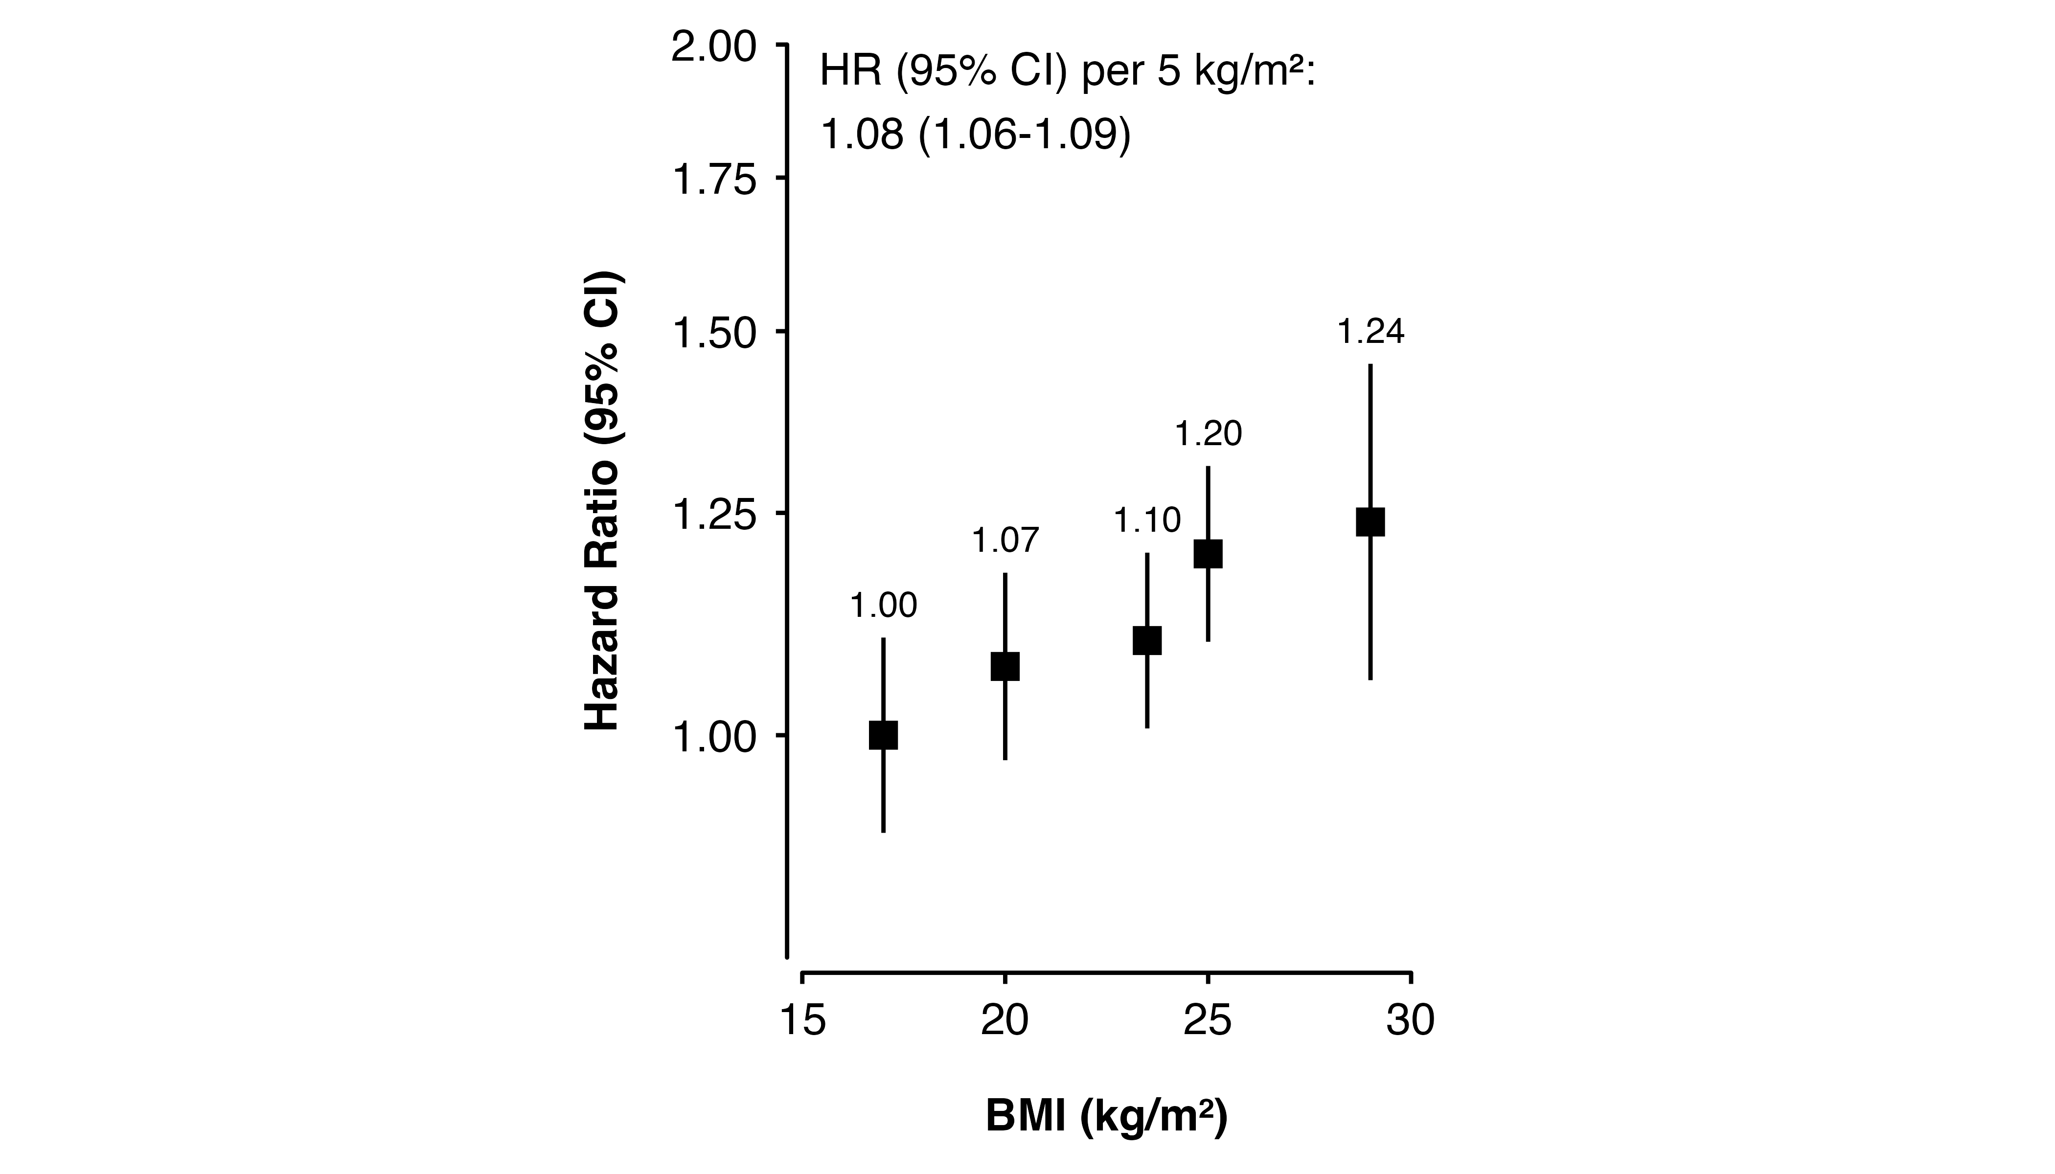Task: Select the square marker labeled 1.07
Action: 1005,667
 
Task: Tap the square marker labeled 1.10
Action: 1147,640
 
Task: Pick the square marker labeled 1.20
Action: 1208,554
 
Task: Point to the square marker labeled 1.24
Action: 1370,521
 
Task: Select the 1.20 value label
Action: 1208,434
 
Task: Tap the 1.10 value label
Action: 1147,521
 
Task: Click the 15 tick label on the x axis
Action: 803,1021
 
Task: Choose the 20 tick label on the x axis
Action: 1005,1021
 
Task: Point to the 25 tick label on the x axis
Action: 1208,1021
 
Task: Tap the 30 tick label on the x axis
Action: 1411,1021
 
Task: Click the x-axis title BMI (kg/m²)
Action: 1107,1118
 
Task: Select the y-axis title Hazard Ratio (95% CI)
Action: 602,500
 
